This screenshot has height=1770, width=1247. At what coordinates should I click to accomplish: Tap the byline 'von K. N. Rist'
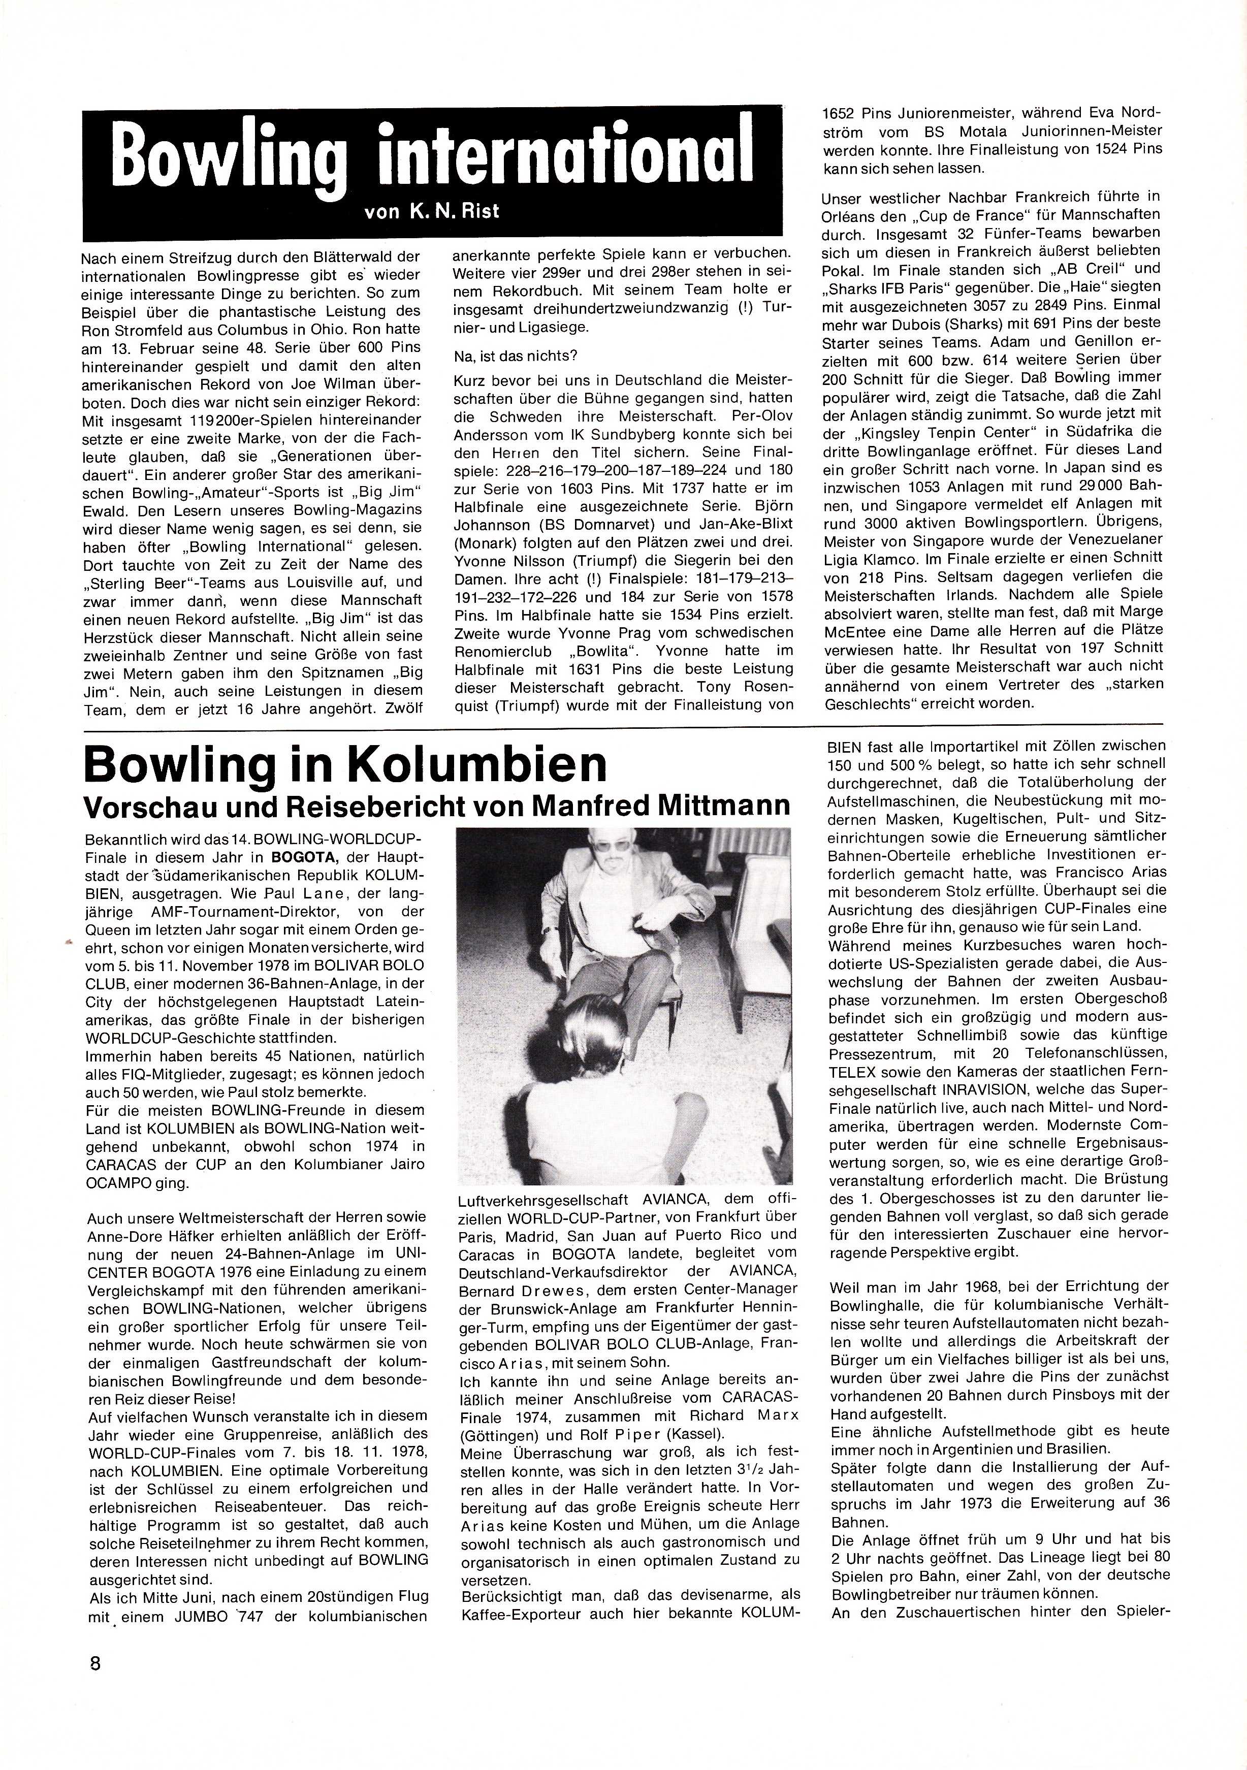[x=432, y=210]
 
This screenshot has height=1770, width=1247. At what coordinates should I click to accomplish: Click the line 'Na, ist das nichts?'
[x=517, y=358]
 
